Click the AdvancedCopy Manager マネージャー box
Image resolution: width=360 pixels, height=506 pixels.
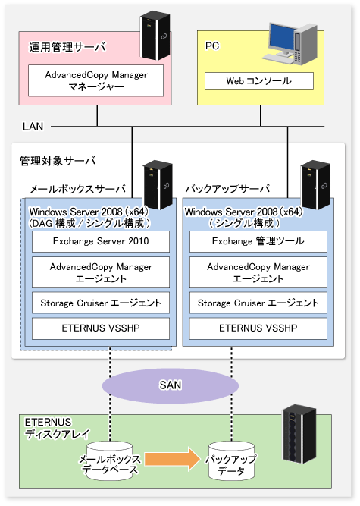tap(95, 80)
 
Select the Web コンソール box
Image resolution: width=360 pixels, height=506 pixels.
tap(259, 80)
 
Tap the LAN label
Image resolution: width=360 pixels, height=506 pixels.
tap(33, 126)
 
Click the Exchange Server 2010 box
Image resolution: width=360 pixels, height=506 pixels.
tap(101, 241)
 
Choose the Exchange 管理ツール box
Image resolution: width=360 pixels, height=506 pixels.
tap(258, 241)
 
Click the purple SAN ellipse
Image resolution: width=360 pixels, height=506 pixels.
tap(171, 385)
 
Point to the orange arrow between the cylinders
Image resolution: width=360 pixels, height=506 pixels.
tap(173, 459)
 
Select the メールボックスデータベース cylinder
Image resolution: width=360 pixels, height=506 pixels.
tap(110, 461)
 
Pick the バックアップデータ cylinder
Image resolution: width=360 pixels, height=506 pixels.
tap(231, 461)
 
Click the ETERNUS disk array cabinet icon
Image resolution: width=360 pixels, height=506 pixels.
tap(299, 434)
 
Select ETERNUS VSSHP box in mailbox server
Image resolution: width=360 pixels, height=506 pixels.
tap(101, 328)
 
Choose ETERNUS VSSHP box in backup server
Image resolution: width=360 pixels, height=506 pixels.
tap(258, 328)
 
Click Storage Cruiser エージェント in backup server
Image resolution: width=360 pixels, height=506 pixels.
tap(258, 303)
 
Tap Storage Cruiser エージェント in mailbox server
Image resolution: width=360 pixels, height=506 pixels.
tap(101, 303)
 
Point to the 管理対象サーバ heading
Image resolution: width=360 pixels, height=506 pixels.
tap(58, 160)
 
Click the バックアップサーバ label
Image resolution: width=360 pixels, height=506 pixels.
tap(227, 188)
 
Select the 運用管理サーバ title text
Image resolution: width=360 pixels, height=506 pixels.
tap(67, 47)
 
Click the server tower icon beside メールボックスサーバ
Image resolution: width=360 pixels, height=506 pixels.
tap(158, 185)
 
